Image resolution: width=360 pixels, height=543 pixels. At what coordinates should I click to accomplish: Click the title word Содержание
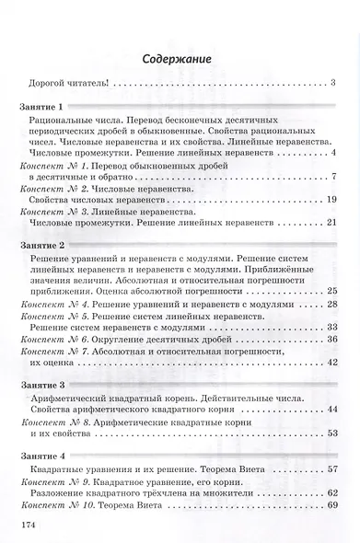pyautogui.click(x=180, y=61)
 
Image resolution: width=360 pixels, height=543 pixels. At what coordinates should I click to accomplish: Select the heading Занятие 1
pyautogui.click(x=43, y=109)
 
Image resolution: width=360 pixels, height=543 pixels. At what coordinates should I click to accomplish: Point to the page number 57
pyautogui.click(x=333, y=468)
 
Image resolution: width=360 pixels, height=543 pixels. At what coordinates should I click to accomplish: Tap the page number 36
pyautogui.click(x=333, y=340)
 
